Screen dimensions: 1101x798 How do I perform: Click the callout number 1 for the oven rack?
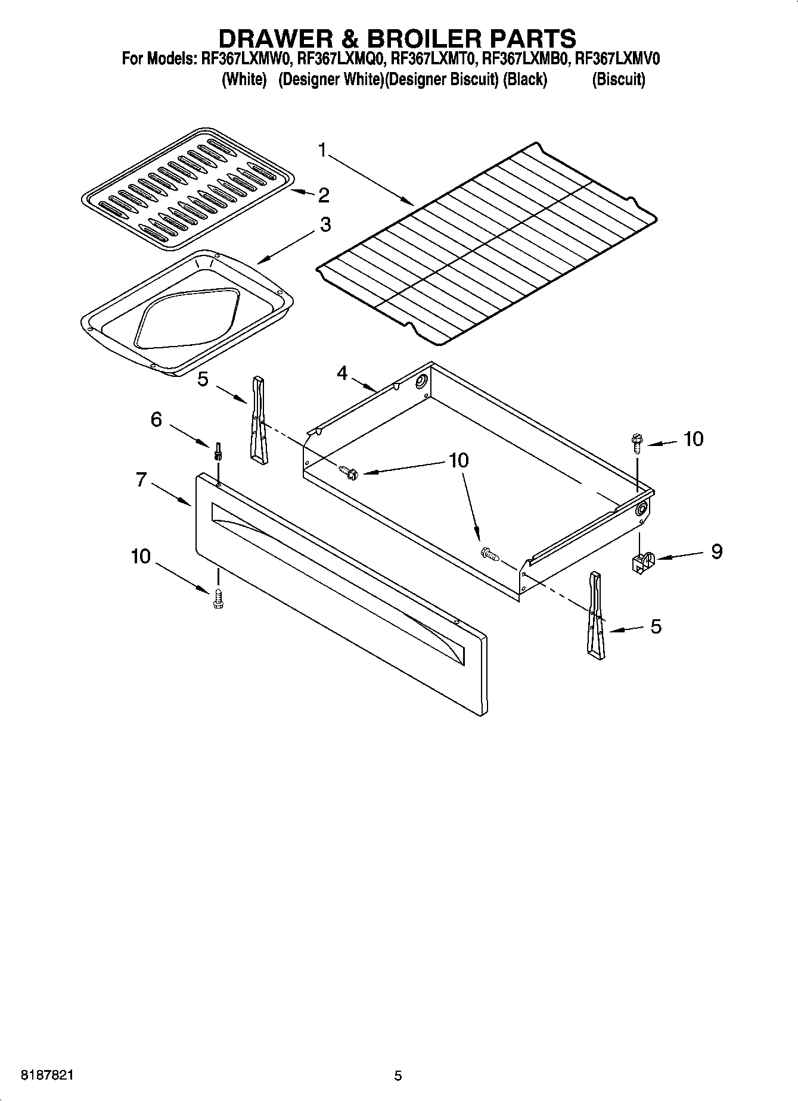point(322,151)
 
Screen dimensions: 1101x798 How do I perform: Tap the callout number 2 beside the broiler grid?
point(324,195)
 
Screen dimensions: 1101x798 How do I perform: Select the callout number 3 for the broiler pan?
point(325,225)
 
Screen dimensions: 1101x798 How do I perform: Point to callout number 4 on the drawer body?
point(342,373)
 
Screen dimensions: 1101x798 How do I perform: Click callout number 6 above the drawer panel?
point(156,420)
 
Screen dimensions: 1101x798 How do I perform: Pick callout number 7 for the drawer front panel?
point(141,479)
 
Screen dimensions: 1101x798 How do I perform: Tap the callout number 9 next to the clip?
point(716,551)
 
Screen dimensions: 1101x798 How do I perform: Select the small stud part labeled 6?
point(219,451)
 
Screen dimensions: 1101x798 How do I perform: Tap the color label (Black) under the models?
point(525,80)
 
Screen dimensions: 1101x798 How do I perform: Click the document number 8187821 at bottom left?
point(48,1075)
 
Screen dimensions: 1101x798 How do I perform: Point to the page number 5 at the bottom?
point(398,1075)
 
